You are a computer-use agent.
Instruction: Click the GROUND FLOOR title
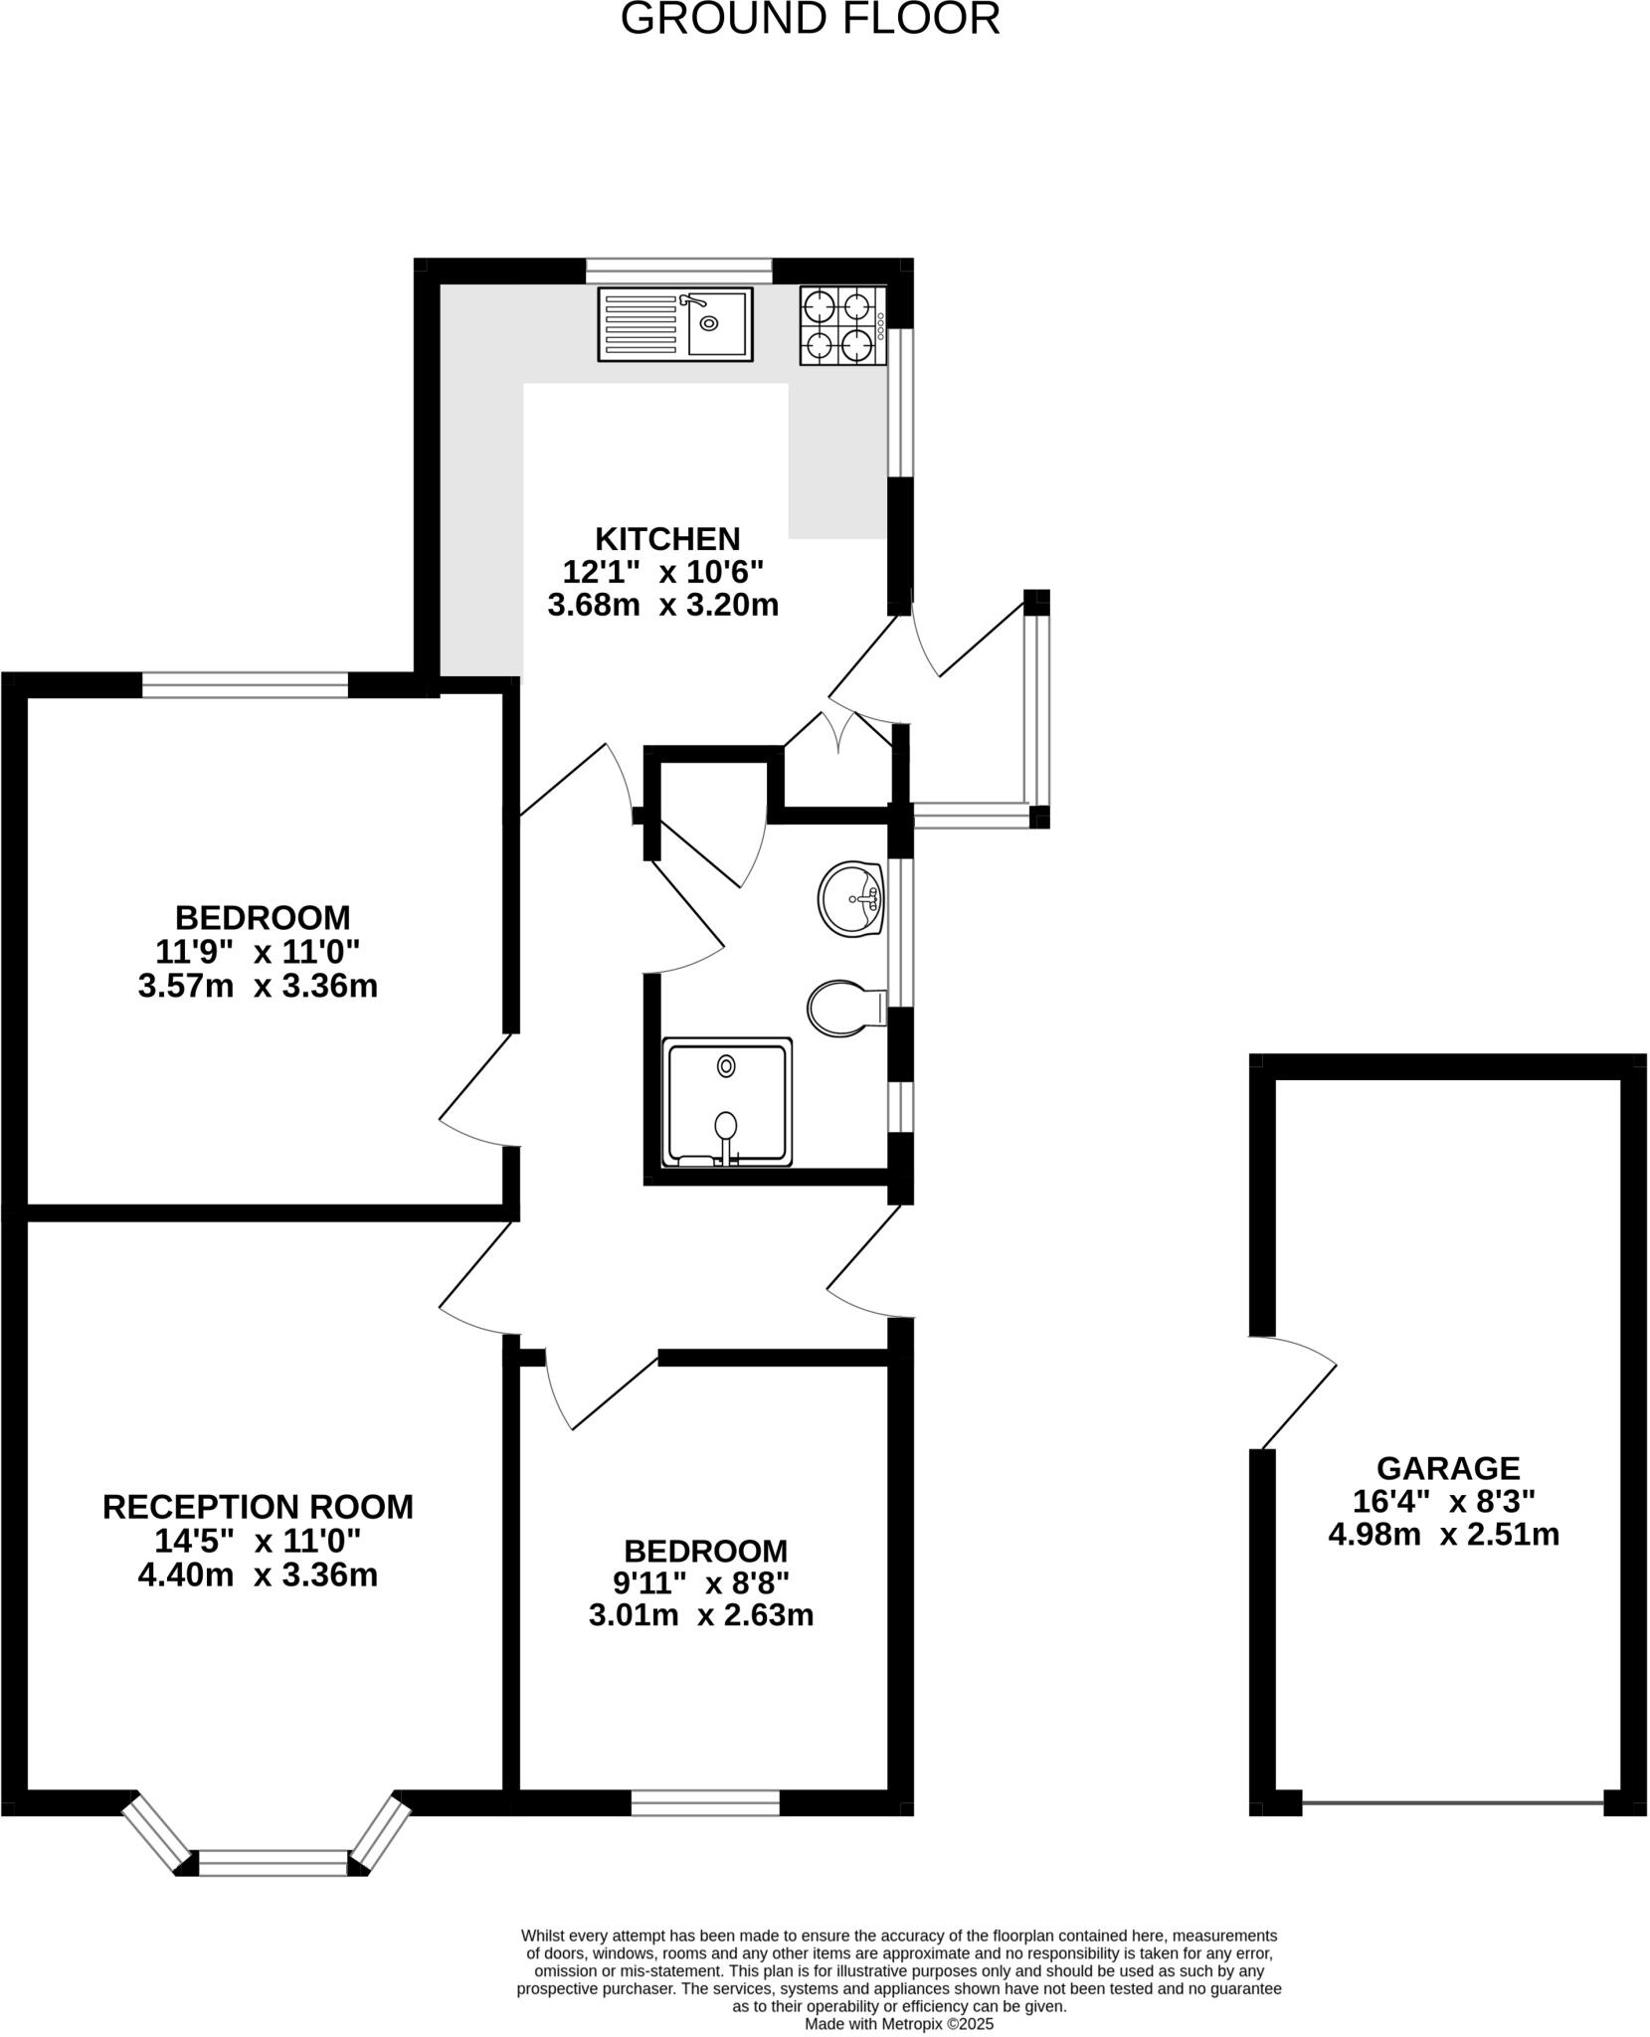[x=810, y=19]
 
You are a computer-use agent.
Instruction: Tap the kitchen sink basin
[x=717, y=323]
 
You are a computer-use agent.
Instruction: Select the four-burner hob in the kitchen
[x=841, y=325]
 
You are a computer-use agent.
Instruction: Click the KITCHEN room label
[x=667, y=538]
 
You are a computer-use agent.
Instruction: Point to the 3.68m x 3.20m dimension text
[x=662, y=605]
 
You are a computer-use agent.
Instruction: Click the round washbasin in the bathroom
[x=851, y=898]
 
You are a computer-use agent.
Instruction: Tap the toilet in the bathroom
[x=842, y=1008]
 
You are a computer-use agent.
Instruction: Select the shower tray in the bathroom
[x=728, y=1102]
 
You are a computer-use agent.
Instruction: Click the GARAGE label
[x=1447, y=1468]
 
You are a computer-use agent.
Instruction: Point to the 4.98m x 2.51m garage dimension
[x=1443, y=1535]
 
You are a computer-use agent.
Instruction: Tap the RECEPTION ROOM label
[x=258, y=1507]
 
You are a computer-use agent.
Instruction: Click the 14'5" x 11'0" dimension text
[x=258, y=1541]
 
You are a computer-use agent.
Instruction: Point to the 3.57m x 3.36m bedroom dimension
[x=258, y=987]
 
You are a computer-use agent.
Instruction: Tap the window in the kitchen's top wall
[x=679, y=271]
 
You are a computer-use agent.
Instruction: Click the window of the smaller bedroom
[x=705, y=1802]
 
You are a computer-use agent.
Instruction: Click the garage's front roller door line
[x=1452, y=1802]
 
